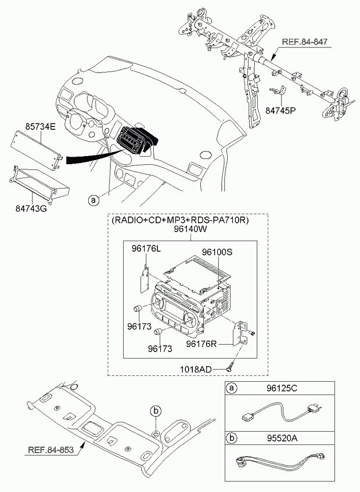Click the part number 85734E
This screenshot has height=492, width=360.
pyautogui.click(x=40, y=126)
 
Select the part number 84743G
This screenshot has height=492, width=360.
pyautogui.click(x=31, y=208)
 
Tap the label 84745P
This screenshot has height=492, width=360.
pyautogui.click(x=281, y=111)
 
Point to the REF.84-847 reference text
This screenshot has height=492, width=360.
pyautogui.click(x=305, y=42)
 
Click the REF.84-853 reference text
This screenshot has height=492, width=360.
pyautogui.click(x=51, y=450)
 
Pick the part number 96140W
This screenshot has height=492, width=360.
pyautogui.click(x=190, y=229)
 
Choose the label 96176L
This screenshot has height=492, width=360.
pyautogui.click(x=146, y=249)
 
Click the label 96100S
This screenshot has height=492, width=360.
pyautogui.click(x=217, y=252)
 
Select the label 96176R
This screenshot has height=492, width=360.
pyautogui.click(x=201, y=344)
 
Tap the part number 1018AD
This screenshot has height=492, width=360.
pyautogui.click(x=196, y=369)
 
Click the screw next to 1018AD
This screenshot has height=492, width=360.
pyautogui.click(x=230, y=367)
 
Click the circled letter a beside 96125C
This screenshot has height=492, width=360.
pyautogui.click(x=232, y=388)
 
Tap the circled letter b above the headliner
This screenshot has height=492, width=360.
pyautogui.click(x=156, y=410)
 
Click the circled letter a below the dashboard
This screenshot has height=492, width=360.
pyautogui.click(x=93, y=200)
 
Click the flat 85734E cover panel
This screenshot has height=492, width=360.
pyautogui.click(x=36, y=149)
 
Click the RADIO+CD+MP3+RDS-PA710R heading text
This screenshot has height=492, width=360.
pyautogui.click(x=180, y=220)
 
